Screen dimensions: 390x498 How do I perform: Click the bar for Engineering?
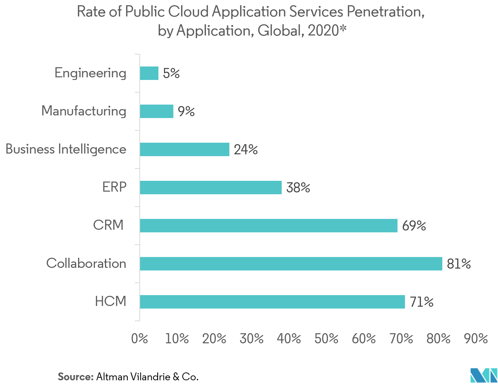pos(149,73)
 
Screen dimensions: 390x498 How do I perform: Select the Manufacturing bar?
pos(157,111)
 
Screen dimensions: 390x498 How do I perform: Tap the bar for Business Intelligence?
pos(185,149)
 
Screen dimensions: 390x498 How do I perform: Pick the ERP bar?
pos(211,188)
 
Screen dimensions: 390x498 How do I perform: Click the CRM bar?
pos(269,226)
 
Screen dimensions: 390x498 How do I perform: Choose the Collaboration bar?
pos(291,264)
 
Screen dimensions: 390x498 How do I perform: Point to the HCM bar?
pos(272,302)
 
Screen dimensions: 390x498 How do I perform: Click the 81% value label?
pos(459,264)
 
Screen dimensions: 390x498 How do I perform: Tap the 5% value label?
pos(171,74)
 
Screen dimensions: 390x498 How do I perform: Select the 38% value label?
pos(298,188)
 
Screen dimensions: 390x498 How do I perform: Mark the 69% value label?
pos(414,226)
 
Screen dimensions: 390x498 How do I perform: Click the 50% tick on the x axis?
pos(327,339)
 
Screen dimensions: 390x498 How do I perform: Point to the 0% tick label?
pos(140,339)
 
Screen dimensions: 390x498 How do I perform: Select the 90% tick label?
pos(476,339)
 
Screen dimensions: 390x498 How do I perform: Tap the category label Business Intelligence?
pos(66,149)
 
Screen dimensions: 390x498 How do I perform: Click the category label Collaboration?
pos(86,263)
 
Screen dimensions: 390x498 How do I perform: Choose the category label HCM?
pos(111,301)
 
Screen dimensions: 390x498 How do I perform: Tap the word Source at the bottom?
pos(75,377)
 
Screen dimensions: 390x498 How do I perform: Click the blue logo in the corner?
pos(484,375)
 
